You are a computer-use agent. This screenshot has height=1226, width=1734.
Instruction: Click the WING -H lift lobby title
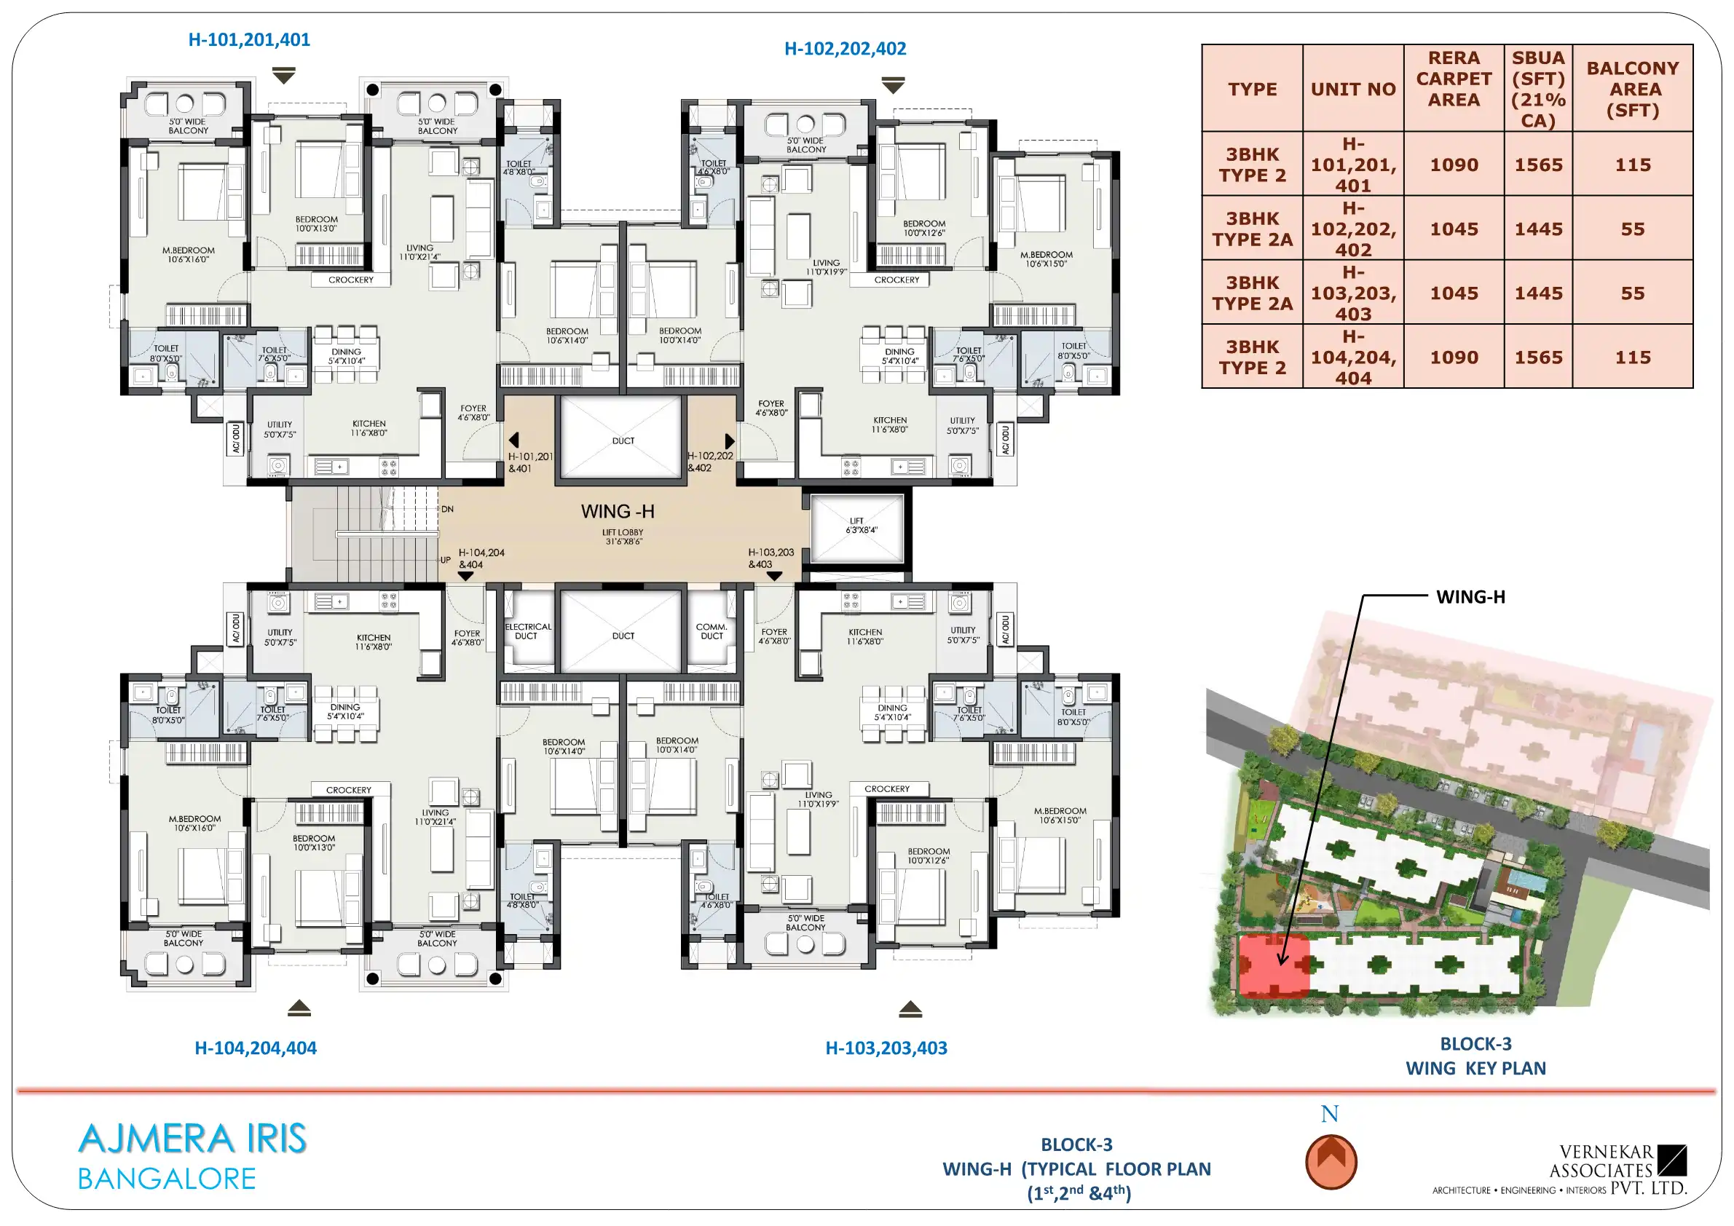[x=618, y=512]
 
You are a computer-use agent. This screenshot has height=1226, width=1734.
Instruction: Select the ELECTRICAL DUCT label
[x=528, y=631]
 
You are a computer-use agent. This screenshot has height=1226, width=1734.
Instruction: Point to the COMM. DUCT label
[x=712, y=631]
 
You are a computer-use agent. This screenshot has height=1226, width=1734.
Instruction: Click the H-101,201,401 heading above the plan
[x=249, y=39]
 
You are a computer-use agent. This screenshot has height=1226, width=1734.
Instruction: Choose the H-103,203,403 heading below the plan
[x=886, y=1048]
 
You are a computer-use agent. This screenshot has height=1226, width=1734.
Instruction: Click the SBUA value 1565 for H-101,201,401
[x=1538, y=165]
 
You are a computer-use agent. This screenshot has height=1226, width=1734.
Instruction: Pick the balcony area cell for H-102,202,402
[x=1633, y=229]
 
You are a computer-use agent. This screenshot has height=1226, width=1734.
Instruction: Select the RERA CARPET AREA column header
[x=1454, y=79]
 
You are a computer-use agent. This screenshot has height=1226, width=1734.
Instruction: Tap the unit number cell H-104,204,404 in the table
[x=1353, y=357]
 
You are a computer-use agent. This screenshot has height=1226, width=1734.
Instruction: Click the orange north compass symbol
[x=1331, y=1162]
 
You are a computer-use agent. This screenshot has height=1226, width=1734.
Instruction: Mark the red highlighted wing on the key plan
[x=1274, y=965]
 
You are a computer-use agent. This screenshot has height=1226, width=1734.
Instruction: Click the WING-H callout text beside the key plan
[x=1470, y=597]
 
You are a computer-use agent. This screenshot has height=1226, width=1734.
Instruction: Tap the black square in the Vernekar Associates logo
[x=1672, y=1160]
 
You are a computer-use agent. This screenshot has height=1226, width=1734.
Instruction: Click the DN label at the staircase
[x=447, y=509]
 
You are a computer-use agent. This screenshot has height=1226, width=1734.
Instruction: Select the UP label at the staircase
[x=446, y=560]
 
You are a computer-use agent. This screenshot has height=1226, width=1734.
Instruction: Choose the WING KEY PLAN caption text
[x=1475, y=1068]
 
